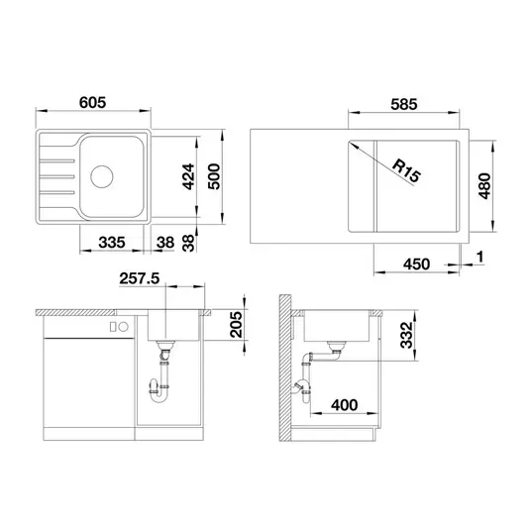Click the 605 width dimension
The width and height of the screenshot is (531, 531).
pos(92,102)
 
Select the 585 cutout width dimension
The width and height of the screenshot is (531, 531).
pos(404,104)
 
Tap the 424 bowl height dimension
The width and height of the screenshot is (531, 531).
pos(188,176)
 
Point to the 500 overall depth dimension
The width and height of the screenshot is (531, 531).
pos(214,176)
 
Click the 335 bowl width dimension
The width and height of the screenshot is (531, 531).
pos(112,242)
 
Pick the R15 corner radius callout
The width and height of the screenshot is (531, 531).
pos(406,171)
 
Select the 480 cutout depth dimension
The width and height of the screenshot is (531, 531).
pos(484,186)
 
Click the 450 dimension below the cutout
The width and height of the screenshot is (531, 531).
pos(416,264)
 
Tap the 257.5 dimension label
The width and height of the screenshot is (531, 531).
pos(139,278)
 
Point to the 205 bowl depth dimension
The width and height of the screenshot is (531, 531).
pos(236,325)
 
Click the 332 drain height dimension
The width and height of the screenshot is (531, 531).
pos(406,335)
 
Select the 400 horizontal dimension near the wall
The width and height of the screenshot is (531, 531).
pos(345,405)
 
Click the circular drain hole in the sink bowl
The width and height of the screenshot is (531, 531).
pos(102,176)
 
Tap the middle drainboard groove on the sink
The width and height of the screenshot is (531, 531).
pos(56,176)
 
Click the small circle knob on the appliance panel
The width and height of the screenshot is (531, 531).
pos(124,327)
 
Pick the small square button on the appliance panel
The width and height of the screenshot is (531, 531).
pos(114,327)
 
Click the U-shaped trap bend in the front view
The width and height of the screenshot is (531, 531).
pos(159,395)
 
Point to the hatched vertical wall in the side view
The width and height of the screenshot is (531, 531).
pos(285,368)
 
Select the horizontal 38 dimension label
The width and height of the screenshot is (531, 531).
pos(165,242)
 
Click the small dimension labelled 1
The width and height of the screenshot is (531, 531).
pos(480,257)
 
